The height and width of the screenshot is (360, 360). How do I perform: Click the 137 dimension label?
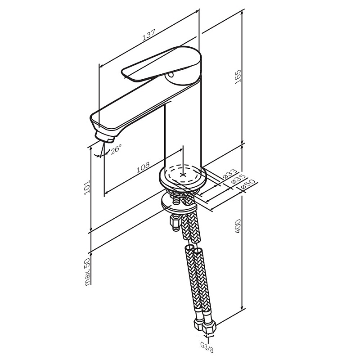tap(149, 35)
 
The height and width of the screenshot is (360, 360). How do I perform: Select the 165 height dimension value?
tap(238, 77)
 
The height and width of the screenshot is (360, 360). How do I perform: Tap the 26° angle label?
tap(116, 149)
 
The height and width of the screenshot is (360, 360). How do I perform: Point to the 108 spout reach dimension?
tap(143, 167)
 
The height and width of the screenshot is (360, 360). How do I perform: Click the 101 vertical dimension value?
tap(87, 187)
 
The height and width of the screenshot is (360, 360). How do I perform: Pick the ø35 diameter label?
tap(238, 179)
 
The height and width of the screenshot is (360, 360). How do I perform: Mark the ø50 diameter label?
tap(248, 184)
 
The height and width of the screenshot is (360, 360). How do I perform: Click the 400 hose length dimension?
tap(238, 226)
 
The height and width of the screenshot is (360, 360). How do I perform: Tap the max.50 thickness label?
tap(87, 272)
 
